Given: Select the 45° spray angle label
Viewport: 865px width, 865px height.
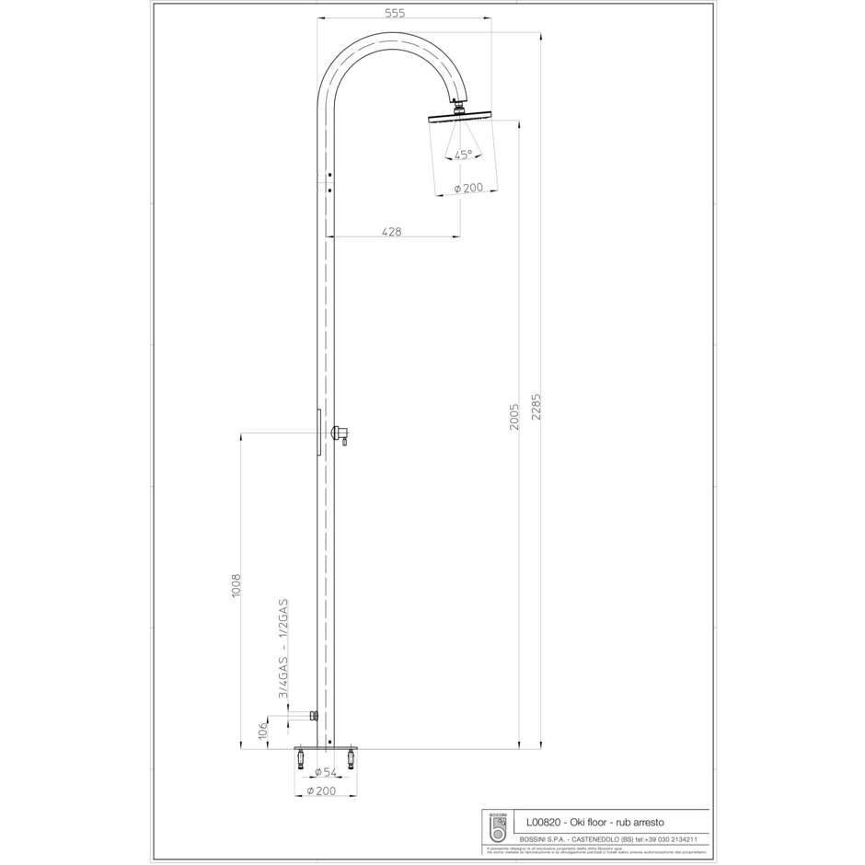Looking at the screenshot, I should click(463, 154).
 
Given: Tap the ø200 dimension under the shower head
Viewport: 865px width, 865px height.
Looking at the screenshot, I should click(468, 188).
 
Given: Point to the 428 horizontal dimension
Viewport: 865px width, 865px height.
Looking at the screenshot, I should click(392, 232).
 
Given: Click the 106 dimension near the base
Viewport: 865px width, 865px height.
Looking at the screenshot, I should click(263, 731).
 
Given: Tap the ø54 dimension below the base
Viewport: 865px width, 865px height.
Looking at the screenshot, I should click(324, 772).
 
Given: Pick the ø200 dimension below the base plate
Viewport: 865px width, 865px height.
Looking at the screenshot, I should click(324, 790).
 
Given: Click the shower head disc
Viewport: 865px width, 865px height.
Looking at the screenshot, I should click(460, 116).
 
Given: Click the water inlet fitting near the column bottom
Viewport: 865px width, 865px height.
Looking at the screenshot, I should click(314, 715).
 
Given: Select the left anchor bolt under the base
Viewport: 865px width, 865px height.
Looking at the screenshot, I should click(300, 759).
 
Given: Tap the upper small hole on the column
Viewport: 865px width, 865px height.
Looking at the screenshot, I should click(330, 174).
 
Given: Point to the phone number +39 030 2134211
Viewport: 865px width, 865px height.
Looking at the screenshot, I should click(676, 839).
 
